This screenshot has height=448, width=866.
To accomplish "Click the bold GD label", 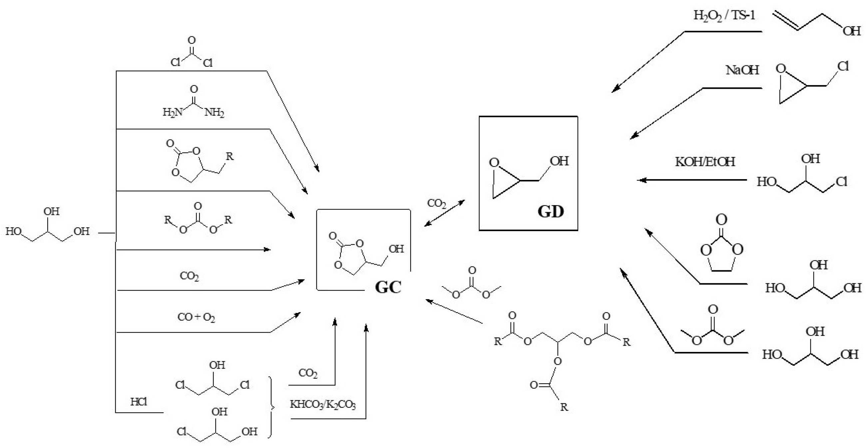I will [x=550, y=212].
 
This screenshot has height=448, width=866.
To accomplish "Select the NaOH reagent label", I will [x=742, y=70].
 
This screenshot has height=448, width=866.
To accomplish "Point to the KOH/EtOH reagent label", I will [x=705, y=162].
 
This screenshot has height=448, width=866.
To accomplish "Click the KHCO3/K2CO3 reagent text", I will [x=323, y=404].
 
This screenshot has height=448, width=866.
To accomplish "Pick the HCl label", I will [x=139, y=402].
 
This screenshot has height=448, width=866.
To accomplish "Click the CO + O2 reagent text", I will [x=196, y=317].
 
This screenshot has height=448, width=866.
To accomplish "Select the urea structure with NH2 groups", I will [x=193, y=103].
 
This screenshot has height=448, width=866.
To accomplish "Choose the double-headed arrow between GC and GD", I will [x=444, y=213].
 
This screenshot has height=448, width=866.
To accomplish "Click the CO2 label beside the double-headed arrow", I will [x=436, y=203].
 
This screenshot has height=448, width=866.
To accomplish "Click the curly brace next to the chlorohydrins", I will [x=271, y=407].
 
